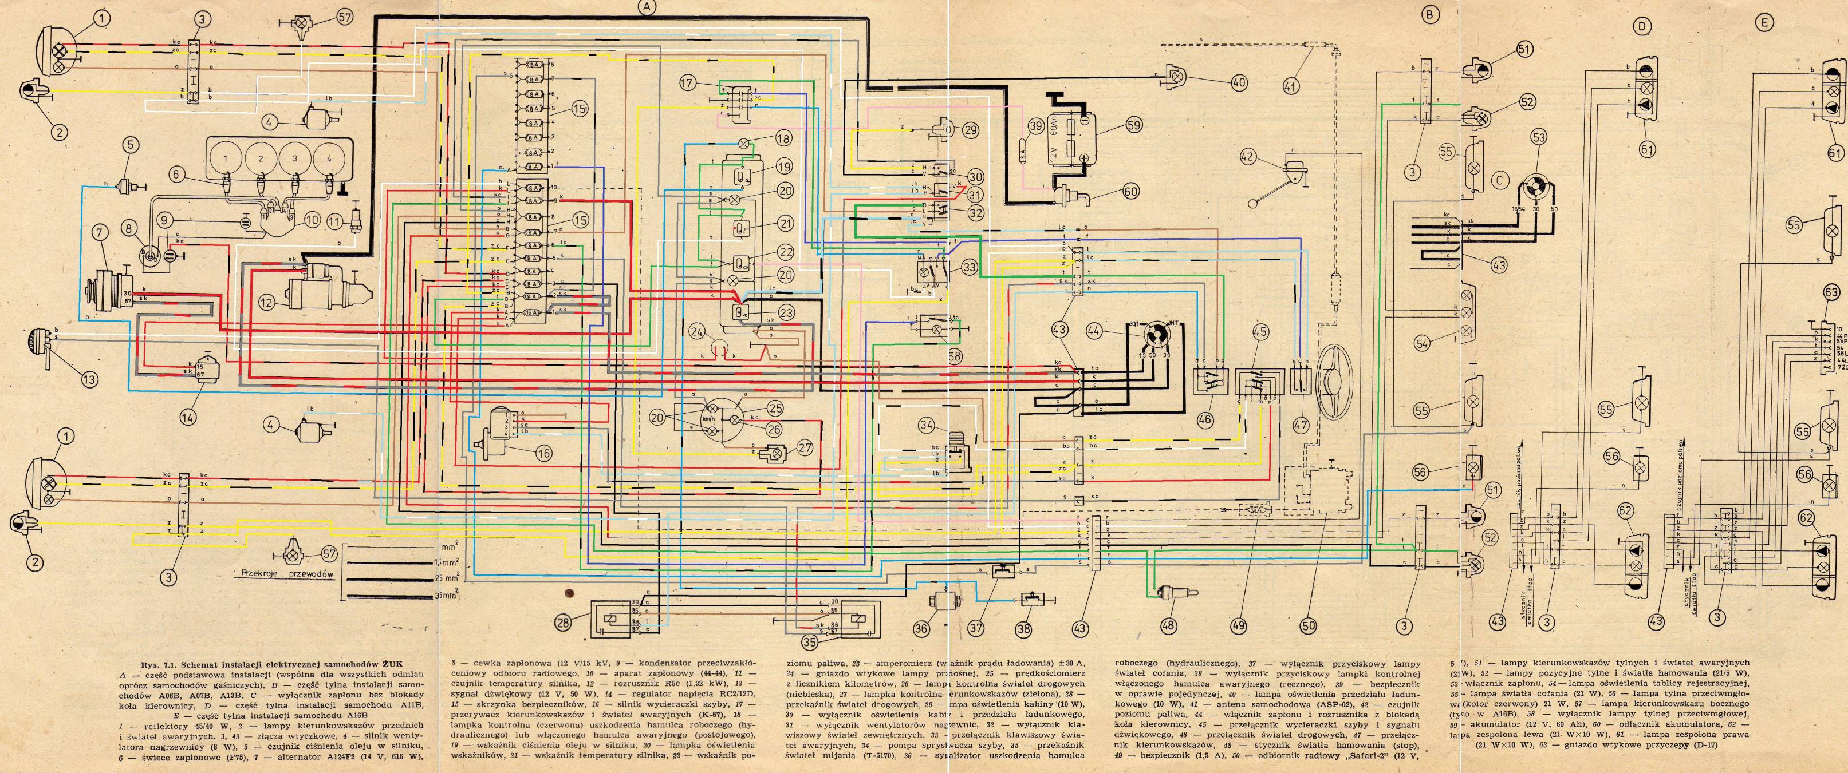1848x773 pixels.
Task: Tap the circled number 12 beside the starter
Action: pyautogui.click(x=267, y=303)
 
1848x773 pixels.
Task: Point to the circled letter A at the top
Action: pyautogui.click(x=648, y=7)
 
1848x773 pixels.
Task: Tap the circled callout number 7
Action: pyautogui.click(x=98, y=232)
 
